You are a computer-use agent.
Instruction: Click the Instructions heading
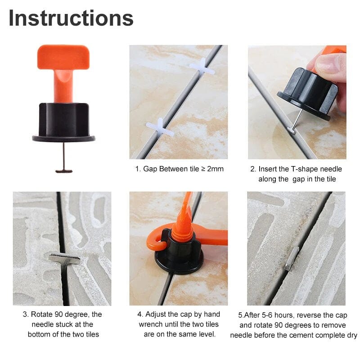point(71,18)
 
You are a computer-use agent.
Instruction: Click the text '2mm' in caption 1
point(214,169)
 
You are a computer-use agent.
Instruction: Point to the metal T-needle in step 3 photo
point(64,259)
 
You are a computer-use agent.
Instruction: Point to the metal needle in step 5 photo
point(291,258)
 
